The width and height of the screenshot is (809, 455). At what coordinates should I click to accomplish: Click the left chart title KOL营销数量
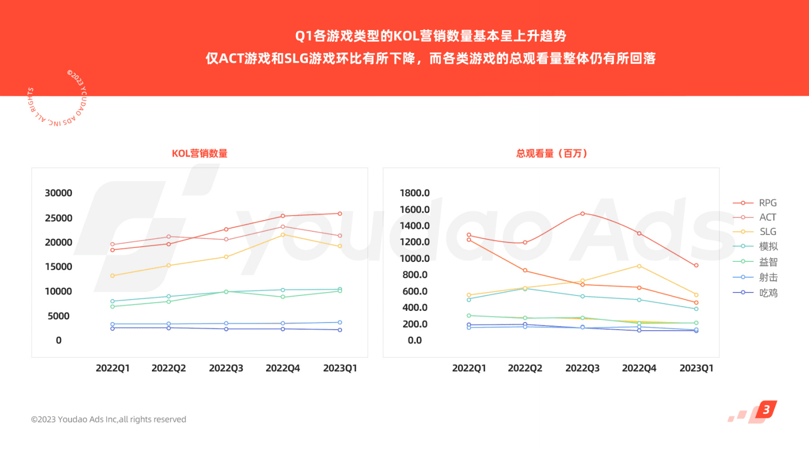point(199,153)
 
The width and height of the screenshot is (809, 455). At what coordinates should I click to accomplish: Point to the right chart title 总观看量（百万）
point(551,153)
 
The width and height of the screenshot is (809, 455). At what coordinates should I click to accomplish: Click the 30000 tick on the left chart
point(59,193)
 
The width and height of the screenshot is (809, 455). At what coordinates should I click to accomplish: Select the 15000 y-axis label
point(59,266)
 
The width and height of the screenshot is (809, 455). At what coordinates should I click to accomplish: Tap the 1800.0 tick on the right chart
point(414,193)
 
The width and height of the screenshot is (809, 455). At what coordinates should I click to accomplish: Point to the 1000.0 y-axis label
point(414,258)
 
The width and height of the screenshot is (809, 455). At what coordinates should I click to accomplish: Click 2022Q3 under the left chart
point(226,368)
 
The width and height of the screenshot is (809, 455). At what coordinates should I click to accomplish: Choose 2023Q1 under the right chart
point(696,368)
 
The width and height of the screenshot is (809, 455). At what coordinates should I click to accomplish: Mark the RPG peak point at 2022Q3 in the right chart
point(583,214)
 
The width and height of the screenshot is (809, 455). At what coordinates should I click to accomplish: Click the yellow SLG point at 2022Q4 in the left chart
point(283,235)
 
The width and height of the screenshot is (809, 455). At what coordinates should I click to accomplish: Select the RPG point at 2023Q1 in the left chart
point(340,213)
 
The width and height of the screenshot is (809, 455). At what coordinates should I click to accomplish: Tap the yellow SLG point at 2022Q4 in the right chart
point(639,266)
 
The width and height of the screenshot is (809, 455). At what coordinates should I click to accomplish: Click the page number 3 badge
point(766,410)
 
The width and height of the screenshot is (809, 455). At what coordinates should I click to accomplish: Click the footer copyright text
point(109,419)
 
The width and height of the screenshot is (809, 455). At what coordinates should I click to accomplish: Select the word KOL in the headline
point(406,36)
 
